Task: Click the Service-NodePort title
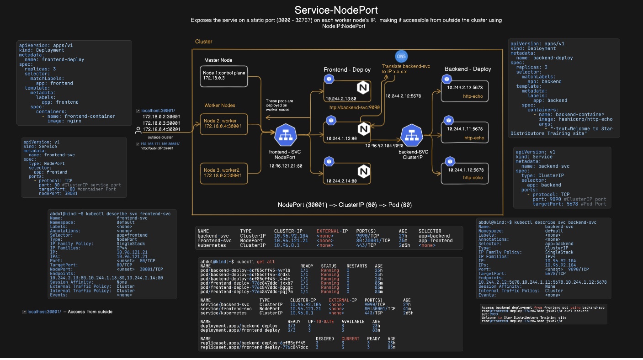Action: (x=336, y=10)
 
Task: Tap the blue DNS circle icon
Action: (x=401, y=56)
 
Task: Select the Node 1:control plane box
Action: (x=224, y=76)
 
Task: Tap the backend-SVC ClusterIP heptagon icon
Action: (x=411, y=135)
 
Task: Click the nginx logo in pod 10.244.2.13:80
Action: (x=362, y=87)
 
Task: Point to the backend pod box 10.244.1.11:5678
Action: (x=464, y=132)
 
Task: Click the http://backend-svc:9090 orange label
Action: (x=354, y=108)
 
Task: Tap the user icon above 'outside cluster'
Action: (x=138, y=131)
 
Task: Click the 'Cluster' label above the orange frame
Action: (x=204, y=42)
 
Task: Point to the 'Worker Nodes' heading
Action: (x=220, y=106)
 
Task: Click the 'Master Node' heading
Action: (x=218, y=60)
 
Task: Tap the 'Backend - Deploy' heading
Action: (x=468, y=69)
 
